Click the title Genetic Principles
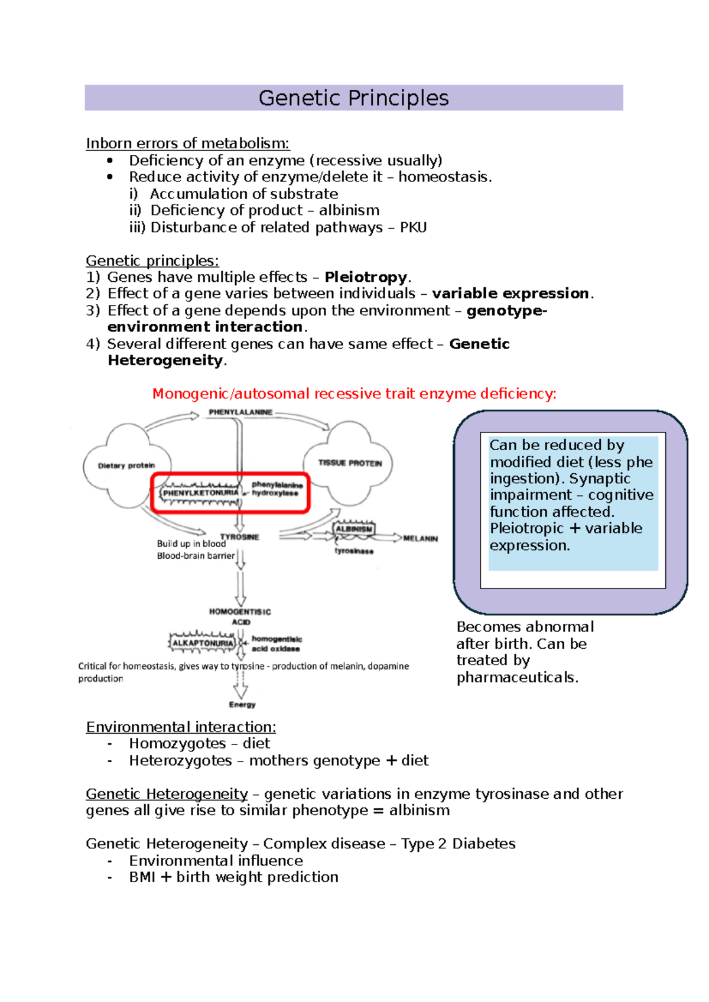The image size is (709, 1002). pyautogui.click(x=353, y=98)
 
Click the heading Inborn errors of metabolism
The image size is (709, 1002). pyautogui.click(x=187, y=144)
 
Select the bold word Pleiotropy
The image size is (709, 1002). pyautogui.click(x=366, y=277)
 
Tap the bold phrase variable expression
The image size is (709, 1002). pyautogui.click(x=510, y=294)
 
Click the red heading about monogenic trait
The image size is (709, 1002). pyautogui.click(x=354, y=394)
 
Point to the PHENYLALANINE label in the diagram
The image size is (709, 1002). pyautogui.click(x=240, y=412)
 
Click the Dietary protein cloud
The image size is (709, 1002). pyautogui.click(x=126, y=466)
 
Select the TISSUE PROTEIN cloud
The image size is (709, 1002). pyautogui.click(x=350, y=463)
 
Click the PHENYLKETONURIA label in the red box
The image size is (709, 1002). pyautogui.click(x=201, y=493)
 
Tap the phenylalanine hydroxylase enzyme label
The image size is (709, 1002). pyautogui.click(x=277, y=489)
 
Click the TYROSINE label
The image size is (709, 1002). pyautogui.click(x=240, y=537)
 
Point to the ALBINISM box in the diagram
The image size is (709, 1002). pyautogui.click(x=354, y=529)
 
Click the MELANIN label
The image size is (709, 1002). pyautogui.click(x=420, y=539)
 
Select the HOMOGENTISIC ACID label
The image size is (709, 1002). pyautogui.click(x=240, y=617)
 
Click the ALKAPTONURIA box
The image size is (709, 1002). pyautogui.click(x=203, y=643)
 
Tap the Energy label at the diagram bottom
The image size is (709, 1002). pyautogui.click(x=242, y=705)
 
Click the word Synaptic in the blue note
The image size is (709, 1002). pyautogui.click(x=600, y=479)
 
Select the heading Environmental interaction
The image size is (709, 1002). pyautogui.click(x=181, y=727)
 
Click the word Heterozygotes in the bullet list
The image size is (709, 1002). pyautogui.click(x=180, y=761)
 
